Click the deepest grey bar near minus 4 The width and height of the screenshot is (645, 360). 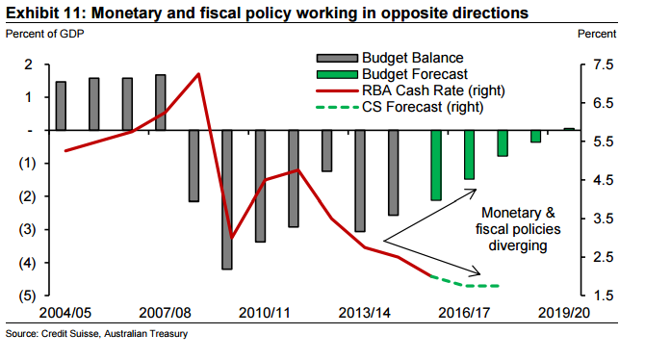pyautogui.click(x=227, y=198)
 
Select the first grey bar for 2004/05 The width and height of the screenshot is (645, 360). pyautogui.click(x=61, y=106)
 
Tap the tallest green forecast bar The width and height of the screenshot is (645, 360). pyautogui.click(x=436, y=165)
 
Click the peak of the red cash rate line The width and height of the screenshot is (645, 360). pyautogui.click(x=198, y=74)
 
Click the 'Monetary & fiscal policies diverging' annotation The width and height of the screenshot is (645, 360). pyautogui.click(x=518, y=229)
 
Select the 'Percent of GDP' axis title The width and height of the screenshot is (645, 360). pyautogui.click(x=44, y=35)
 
